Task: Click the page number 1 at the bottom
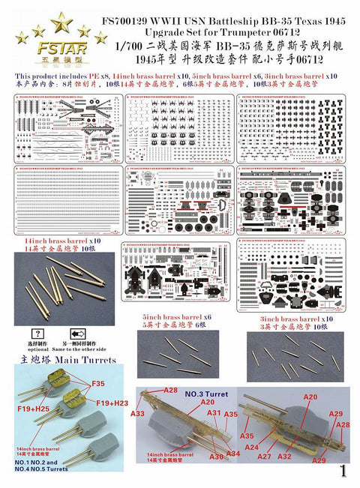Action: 342,472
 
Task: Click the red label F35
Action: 98,384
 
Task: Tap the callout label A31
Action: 214,412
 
